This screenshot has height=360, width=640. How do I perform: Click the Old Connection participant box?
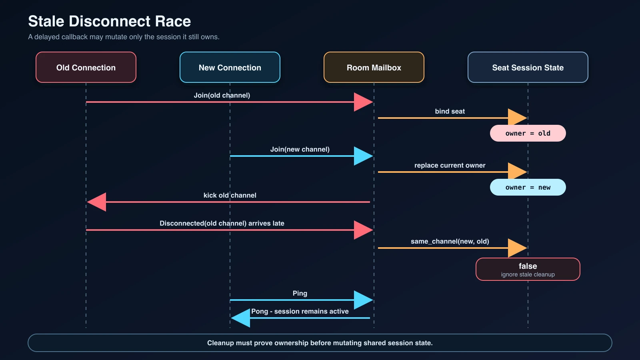point(86,68)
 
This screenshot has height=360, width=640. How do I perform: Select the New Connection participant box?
point(230,68)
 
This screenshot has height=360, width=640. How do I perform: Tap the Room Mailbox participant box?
point(374,68)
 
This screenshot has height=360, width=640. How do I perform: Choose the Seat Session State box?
point(528,68)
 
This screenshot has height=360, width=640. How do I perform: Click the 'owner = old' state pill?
point(528,133)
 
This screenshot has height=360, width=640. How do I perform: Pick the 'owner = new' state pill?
point(528,188)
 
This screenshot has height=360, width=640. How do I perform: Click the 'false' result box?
point(528,270)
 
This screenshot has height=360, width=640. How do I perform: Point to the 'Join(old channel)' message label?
point(222,96)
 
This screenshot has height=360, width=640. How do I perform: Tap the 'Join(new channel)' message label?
point(300,150)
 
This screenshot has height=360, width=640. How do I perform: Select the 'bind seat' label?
point(450,112)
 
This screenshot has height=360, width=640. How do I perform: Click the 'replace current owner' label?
point(450,166)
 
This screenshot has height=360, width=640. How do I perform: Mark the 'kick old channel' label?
point(230,196)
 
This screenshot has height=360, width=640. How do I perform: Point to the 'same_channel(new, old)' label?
point(450,242)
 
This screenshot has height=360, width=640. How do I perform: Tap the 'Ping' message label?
point(300,294)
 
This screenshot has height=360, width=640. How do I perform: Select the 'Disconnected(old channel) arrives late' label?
point(222,224)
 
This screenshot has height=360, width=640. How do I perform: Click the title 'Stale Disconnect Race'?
point(110,21)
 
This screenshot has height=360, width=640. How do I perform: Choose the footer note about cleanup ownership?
point(320,343)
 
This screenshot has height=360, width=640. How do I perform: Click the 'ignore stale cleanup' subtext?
point(528,274)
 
